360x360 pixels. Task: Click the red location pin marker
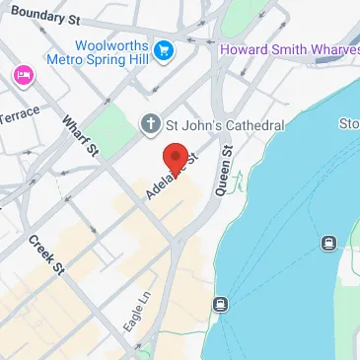[175, 159]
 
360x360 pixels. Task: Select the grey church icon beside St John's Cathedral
[150, 125]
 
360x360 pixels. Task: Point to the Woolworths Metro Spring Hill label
[115, 53]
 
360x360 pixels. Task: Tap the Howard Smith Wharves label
[289, 49]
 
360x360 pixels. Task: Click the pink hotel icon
[21, 75]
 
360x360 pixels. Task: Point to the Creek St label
[45, 254]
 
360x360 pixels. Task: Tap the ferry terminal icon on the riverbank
[219, 304]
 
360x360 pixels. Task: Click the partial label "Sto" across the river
[349, 124]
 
